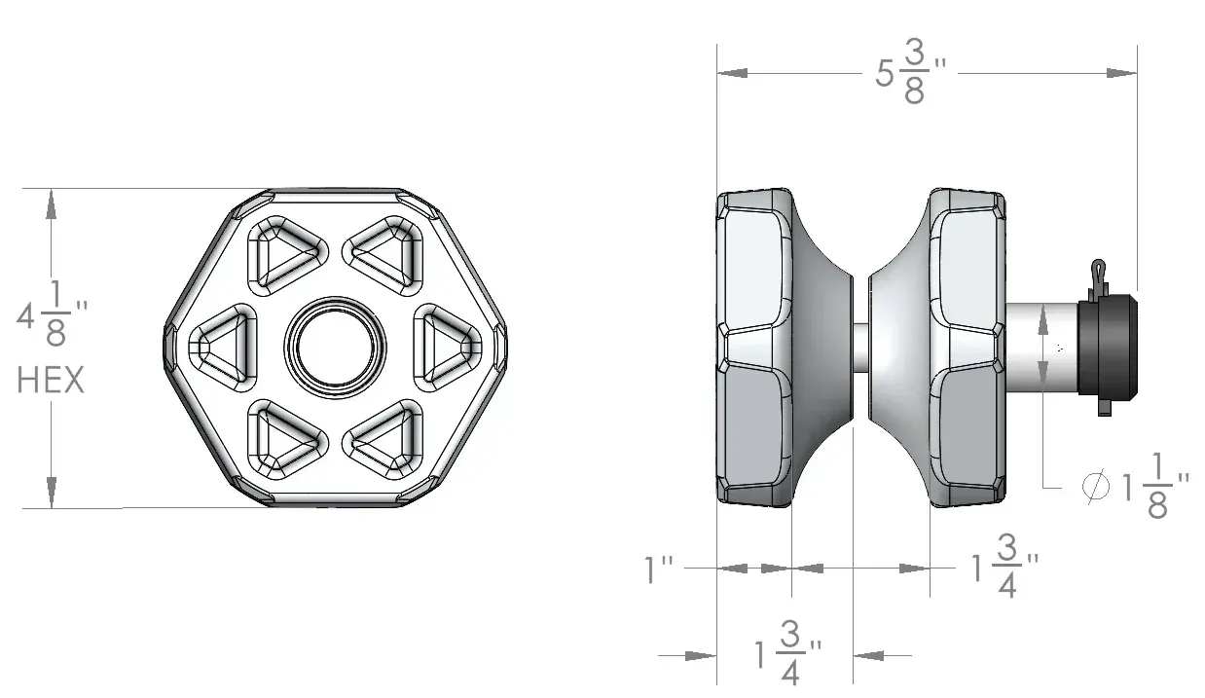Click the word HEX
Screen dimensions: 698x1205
pos(51,381)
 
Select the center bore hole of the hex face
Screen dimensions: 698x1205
pos(335,346)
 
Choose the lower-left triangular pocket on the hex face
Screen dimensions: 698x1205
pos(286,439)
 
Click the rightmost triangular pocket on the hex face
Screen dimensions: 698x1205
pos(447,346)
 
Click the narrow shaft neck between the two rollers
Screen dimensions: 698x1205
pos(860,347)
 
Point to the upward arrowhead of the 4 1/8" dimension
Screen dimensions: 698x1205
pos(52,204)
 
